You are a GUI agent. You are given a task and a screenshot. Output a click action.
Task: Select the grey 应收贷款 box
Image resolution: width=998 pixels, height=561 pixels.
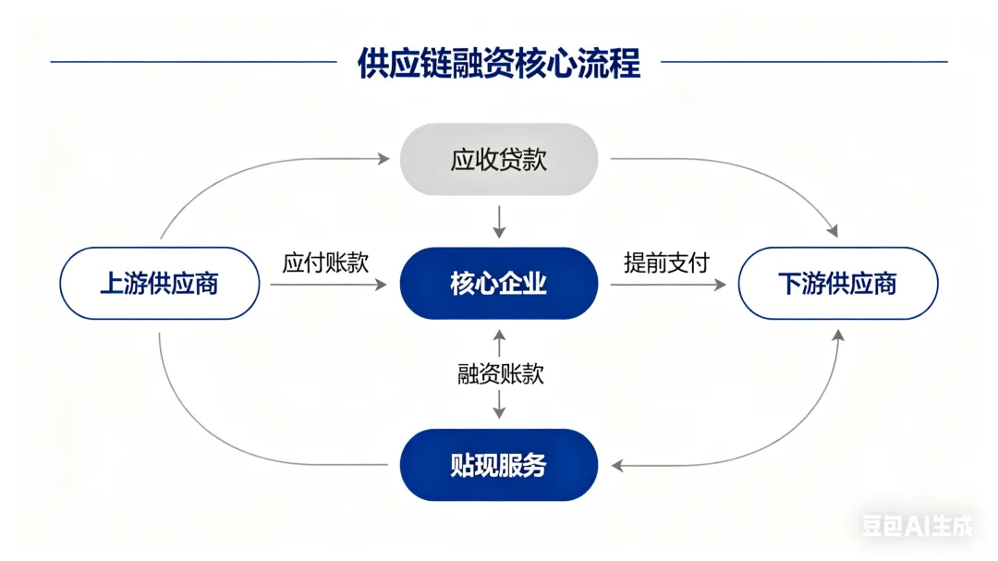(x=499, y=159)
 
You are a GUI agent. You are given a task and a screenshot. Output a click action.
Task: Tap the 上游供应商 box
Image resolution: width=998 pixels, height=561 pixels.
(x=159, y=283)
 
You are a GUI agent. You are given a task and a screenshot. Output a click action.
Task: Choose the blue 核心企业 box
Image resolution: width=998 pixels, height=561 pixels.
(x=499, y=283)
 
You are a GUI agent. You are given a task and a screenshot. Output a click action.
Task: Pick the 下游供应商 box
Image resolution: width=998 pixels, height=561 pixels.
(x=838, y=283)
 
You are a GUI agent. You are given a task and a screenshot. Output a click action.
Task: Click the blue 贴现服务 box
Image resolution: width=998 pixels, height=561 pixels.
(x=499, y=465)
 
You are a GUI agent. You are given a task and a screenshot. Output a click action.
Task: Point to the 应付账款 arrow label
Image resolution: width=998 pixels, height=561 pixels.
(x=325, y=262)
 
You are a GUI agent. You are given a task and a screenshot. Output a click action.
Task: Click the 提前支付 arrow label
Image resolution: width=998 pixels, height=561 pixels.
(x=666, y=262)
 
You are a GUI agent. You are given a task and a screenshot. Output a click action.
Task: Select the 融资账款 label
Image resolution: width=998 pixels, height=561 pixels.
(x=500, y=373)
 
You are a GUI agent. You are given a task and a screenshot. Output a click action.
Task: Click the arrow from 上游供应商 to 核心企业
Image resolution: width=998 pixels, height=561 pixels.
(x=328, y=285)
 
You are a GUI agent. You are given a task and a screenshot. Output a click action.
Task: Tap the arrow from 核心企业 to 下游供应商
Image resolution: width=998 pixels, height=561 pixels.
(x=667, y=285)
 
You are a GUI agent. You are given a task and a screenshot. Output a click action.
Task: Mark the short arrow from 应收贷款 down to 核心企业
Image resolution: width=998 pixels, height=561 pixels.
(x=499, y=222)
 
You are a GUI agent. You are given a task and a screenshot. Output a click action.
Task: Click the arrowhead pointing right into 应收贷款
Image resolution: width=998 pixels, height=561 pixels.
(x=383, y=159)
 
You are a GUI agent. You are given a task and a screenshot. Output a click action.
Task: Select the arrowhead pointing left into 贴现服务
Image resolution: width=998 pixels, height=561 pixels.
(x=617, y=466)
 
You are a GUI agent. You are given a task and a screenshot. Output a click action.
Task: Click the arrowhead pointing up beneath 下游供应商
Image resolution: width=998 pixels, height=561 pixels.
(x=838, y=335)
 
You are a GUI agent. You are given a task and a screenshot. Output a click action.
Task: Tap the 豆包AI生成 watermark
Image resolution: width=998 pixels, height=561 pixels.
(x=917, y=527)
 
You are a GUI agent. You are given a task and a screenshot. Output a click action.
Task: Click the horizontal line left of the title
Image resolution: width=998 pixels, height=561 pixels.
(x=193, y=62)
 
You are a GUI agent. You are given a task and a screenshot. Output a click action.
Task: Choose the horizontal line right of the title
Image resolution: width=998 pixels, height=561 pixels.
(x=804, y=62)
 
